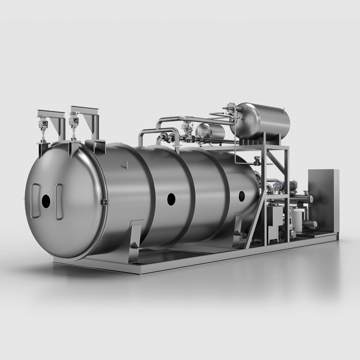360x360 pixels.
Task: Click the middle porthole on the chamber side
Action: (171, 199)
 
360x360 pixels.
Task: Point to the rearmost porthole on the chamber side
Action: (242, 196)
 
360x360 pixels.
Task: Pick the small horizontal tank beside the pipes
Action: (211, 131)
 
